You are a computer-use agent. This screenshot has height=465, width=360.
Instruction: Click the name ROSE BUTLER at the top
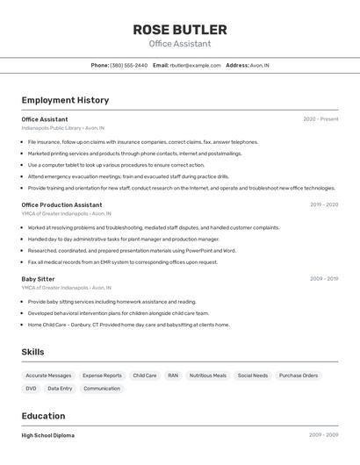(180, 30)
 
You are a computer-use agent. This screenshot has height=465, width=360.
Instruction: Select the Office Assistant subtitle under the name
(180, 44)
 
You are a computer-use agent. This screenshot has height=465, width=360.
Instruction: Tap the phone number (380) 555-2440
(128, 65)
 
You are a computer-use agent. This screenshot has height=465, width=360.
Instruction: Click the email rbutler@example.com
(195, 65)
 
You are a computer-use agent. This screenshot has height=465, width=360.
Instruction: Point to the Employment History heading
(65, 100)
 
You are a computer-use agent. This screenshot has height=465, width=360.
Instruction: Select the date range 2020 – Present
(320, 118)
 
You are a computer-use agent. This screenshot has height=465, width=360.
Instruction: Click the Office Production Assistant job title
(61, 204)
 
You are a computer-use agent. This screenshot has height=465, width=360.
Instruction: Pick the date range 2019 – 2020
(323, 204)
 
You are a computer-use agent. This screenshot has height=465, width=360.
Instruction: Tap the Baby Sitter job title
(38, 279)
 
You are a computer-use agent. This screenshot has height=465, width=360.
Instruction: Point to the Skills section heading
(32, 352)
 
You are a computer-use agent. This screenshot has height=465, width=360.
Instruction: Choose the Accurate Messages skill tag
(48, 376)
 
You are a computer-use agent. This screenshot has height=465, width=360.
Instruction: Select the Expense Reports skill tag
(102, 376)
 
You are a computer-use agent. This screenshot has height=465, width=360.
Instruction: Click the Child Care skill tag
(144, 376)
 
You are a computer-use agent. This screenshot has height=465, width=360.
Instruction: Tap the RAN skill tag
(173, 376)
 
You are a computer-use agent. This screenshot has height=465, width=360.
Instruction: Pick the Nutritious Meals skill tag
(208, 376)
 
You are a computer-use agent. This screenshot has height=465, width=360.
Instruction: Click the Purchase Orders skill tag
(299, 376)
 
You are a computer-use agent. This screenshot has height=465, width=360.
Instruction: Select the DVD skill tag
(31, 388)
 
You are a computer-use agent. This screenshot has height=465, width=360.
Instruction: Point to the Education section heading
(43, 416)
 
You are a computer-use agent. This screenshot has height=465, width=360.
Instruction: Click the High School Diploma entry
(47, 435)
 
